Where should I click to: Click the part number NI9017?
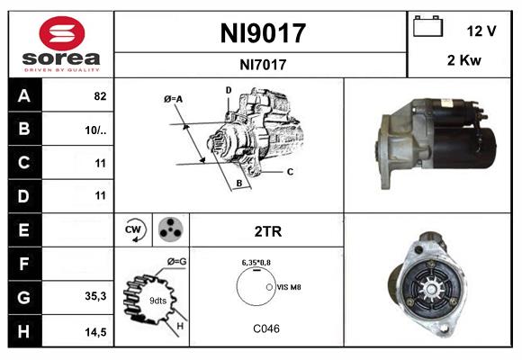coord(262,33)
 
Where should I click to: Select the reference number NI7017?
coord(262,64)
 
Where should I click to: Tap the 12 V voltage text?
coord(481,31)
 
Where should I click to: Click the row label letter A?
coord(23,95)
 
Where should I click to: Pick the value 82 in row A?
coord(99,95)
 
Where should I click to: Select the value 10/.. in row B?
coord(96,130)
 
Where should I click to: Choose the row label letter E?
coord(23,230)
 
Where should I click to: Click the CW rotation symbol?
coord(133,230)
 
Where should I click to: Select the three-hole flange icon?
coord(169,230)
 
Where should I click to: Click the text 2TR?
coord(267,231)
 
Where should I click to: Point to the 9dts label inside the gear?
coord(157,300)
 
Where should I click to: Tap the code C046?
coord(265,328)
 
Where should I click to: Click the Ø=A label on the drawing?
coord(174,98)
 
